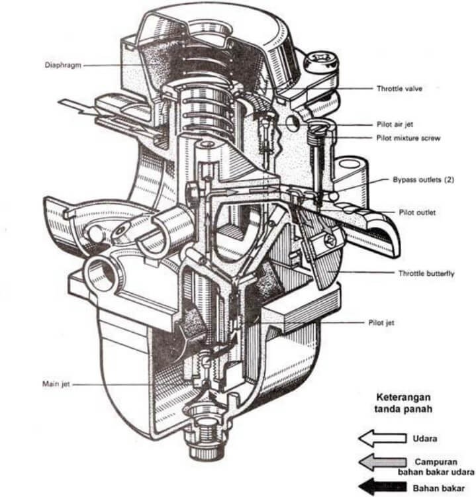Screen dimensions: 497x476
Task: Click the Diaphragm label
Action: (62, 65)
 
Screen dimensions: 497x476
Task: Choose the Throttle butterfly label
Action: (426, 273)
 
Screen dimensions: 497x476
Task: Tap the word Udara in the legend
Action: (426, 438)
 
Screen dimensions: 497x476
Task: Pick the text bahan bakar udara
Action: (436, 472)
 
